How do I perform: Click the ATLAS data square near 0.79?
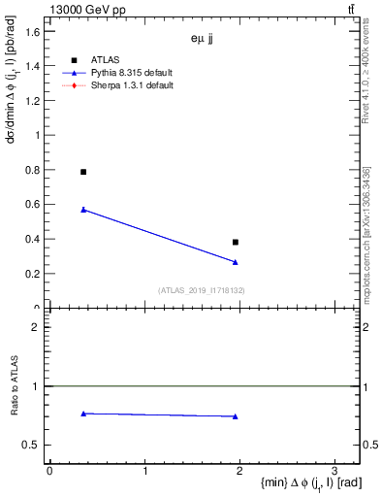[x=83, y=172]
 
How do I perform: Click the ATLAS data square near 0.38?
[x=236, y=242]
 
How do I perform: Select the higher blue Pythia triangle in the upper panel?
[x=83, y=210]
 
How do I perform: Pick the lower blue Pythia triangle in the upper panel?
[x=236, y=262]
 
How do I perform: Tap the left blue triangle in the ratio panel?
[x=83, y=414]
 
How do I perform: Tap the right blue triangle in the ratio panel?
[x=236, y=416]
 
